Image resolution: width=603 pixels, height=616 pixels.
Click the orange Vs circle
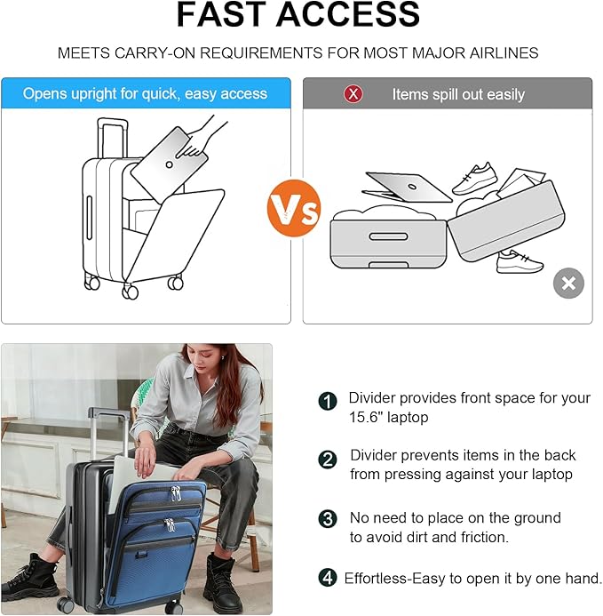point(294,208)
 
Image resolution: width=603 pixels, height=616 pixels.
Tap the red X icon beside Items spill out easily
point(353,94)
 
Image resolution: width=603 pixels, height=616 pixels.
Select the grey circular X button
point(568,284)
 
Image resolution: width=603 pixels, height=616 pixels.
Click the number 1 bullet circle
point(328,402)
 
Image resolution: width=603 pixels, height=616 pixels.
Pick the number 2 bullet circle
point(328,460)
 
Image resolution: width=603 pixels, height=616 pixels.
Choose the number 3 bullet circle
point(328,519)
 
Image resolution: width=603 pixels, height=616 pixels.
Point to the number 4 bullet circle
point(328,578)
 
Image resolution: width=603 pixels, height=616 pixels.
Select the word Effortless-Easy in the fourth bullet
point(395,579)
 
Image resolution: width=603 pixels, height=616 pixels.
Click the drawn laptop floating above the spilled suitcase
point(407,187)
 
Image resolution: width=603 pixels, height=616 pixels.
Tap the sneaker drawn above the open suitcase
point(474,179)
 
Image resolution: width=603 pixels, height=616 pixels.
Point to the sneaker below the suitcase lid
point(520,262)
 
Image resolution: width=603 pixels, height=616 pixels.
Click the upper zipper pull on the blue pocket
point(176,493)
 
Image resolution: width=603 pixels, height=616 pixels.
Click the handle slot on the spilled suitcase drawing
point(388,236)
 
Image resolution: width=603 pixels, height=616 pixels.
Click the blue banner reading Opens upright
point(146,93)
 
